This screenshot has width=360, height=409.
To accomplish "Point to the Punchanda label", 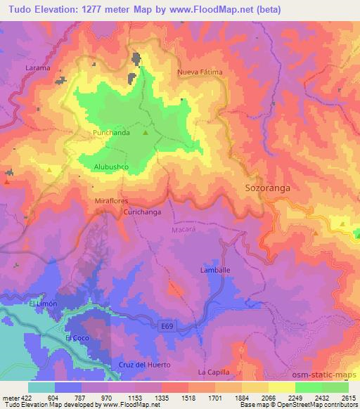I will tap(108, 131).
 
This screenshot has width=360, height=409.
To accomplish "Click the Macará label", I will tap(183, 229).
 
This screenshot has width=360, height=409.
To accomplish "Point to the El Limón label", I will tap(41, 303).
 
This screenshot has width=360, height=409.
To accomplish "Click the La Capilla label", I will tap(214, 372).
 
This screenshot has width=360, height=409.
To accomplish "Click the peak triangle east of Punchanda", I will tap(146, 132).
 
